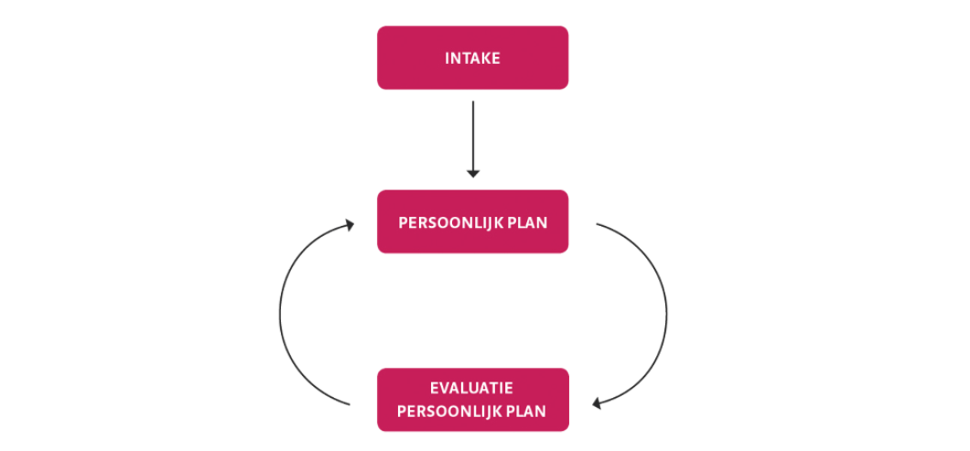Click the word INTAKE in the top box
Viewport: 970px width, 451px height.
click(472, 59)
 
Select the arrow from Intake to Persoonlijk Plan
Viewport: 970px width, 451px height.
click(472, 139)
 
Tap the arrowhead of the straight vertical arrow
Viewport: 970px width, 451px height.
click(472, 174)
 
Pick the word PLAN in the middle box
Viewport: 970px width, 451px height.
click(527, 222)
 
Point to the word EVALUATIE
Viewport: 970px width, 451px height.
click(472, 389)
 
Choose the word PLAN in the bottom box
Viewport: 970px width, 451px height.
click(526, 412)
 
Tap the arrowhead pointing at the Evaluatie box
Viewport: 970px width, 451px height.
click(597, 404)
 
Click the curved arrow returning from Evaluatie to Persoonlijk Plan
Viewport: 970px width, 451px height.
click(280, 316)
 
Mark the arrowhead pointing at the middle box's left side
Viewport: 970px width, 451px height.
click(350, 224)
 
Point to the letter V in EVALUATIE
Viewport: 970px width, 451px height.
click(444, 389)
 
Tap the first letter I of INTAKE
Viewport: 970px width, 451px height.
click(447, 59)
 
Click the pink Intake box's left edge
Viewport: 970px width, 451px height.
click(377, 58)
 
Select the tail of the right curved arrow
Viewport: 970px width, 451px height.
click(597, 224)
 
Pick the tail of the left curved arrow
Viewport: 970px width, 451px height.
click(350, 404)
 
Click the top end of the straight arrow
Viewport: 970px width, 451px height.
click(472, 102)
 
